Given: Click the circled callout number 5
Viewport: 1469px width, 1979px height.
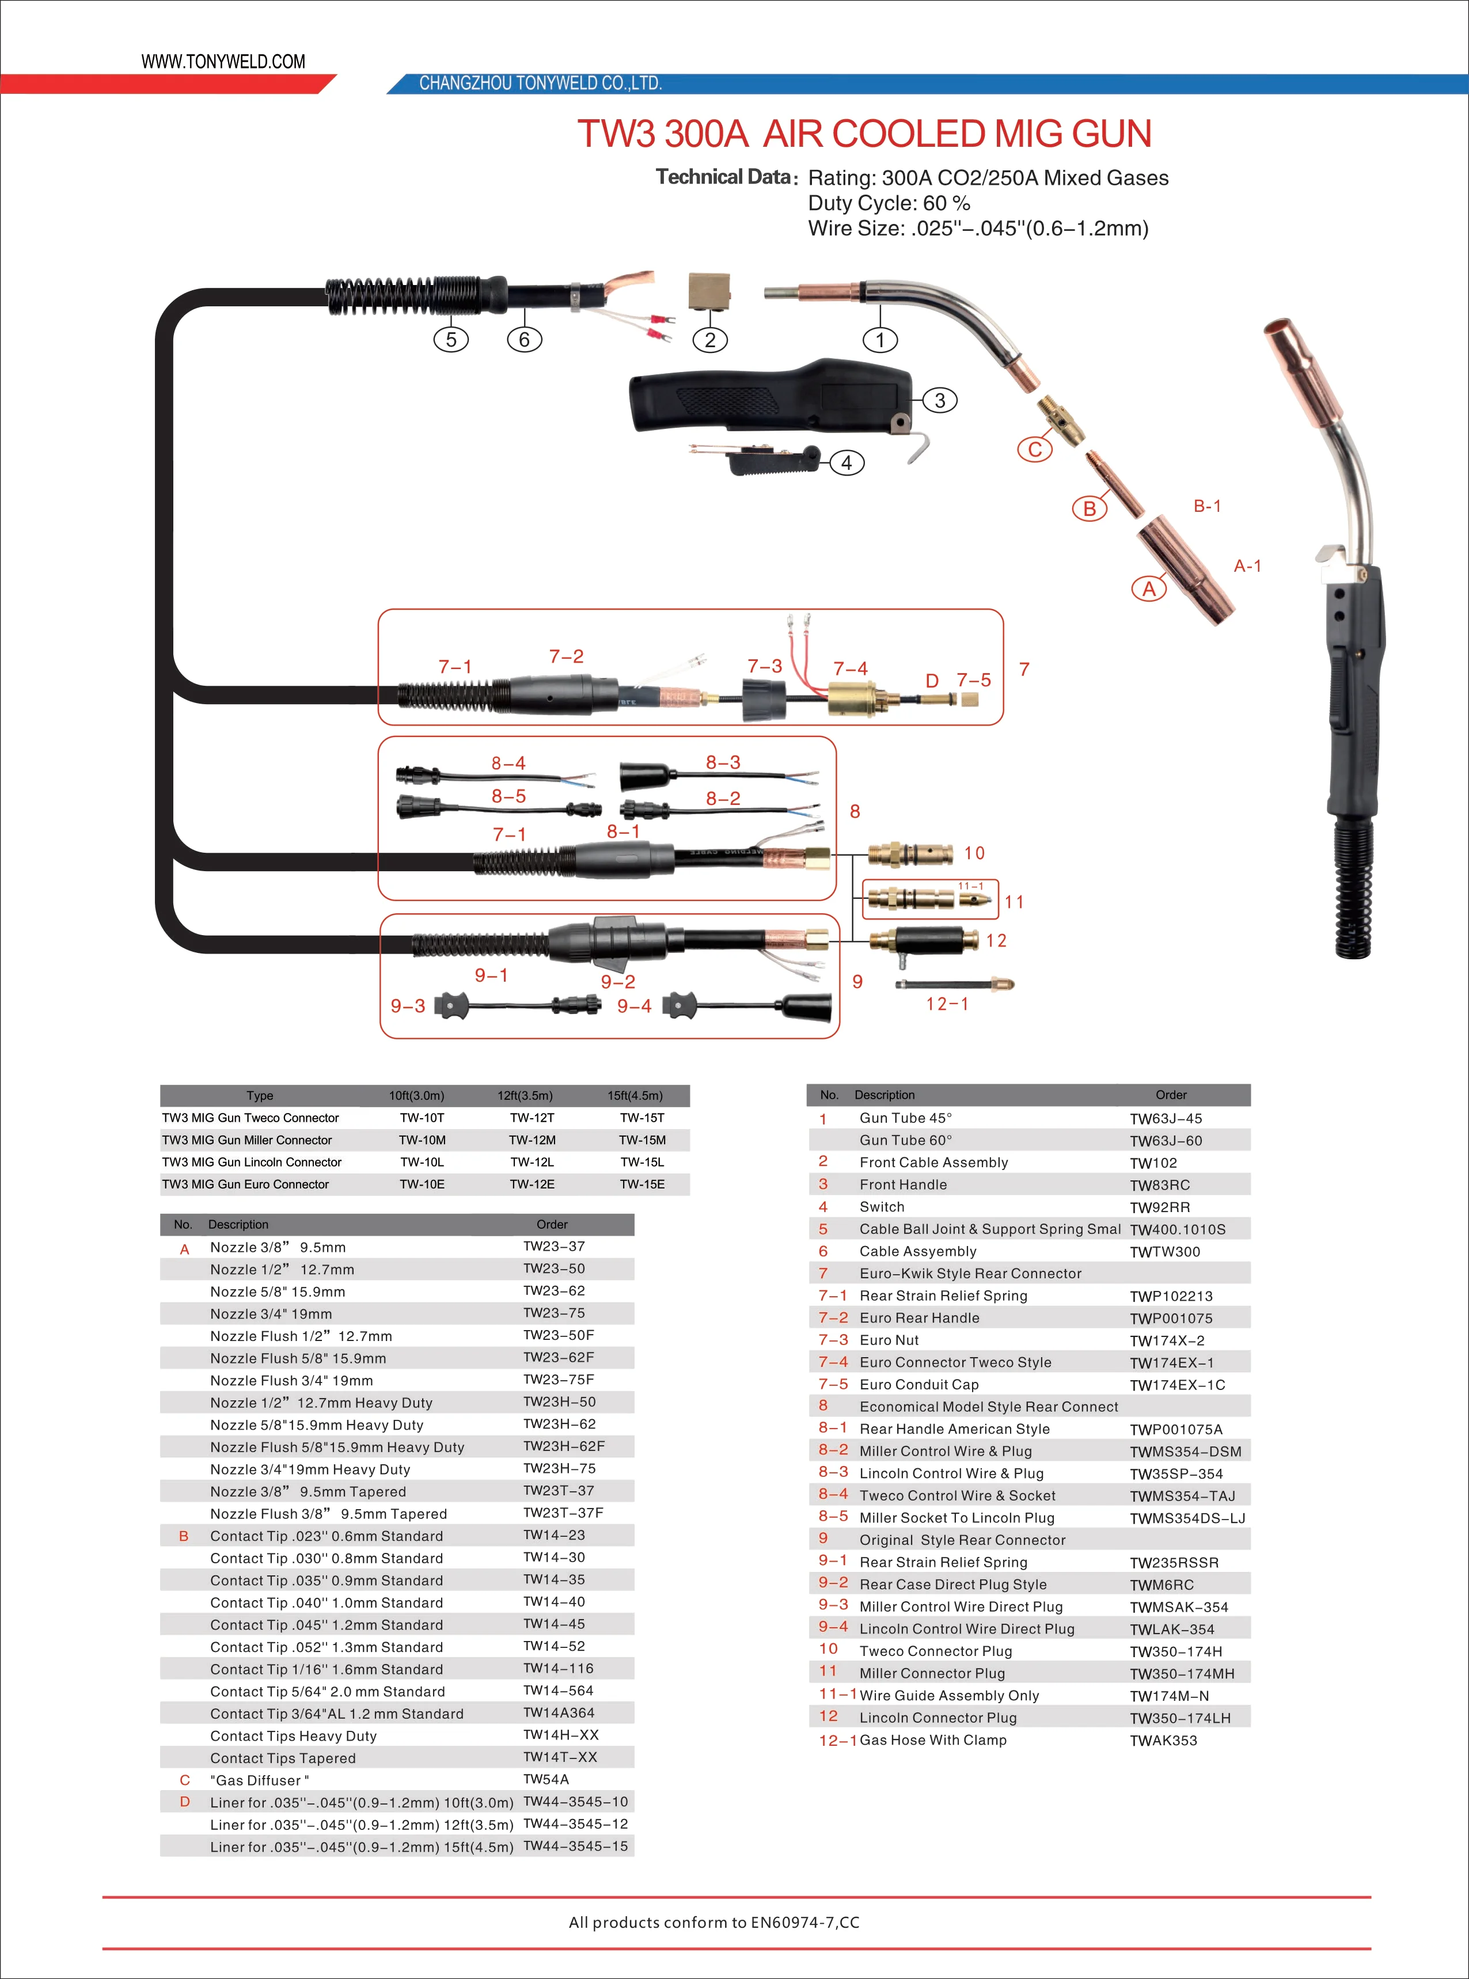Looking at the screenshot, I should coord(451,340).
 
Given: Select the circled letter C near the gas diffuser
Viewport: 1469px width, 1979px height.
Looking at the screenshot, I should coord(1034,449).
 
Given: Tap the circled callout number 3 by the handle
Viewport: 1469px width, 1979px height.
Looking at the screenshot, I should coord(940,400).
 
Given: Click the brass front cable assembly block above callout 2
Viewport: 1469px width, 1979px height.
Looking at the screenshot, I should coord(709,291).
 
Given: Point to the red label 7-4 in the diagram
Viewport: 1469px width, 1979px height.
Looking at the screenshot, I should coord(850,668).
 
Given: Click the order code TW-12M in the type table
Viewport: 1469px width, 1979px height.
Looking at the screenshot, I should coord(532,1139).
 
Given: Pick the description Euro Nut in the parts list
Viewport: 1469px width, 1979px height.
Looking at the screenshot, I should coord(889,1340).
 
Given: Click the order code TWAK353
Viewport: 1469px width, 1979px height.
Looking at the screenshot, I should coord(1163,1741).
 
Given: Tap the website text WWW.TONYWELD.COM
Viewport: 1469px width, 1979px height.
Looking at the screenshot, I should coord(223,62).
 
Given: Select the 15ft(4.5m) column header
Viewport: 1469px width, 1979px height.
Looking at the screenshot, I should coord(635,1095).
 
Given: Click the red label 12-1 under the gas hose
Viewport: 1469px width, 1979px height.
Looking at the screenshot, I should coord(947,1004).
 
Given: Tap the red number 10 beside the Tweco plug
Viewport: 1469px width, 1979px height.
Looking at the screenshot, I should coord(974,853).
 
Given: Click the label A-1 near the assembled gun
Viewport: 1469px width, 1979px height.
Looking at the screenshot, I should coord(1247,565).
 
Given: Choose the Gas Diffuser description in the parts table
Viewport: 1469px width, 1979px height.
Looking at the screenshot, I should coord(260,1780).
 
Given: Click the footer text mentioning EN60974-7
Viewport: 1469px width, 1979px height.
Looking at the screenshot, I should coord(714,1922).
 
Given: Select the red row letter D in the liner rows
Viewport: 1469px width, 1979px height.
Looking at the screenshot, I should coord(185,1801).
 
